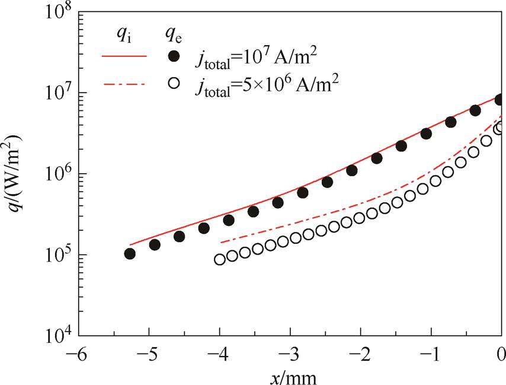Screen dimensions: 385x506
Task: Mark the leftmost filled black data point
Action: (x=130, y=253)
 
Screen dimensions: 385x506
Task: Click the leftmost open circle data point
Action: (x=220, y=259)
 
